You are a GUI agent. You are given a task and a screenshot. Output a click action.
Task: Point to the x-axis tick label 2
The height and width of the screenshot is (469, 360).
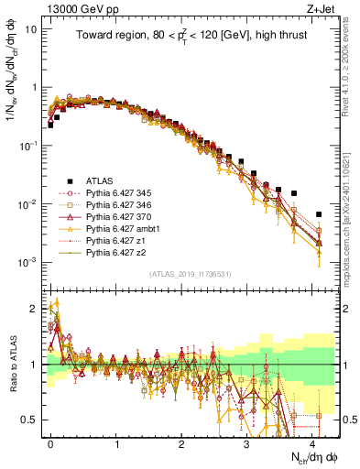click(181, 442)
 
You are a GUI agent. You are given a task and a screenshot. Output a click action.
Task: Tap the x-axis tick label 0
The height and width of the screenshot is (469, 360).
click(51, 442)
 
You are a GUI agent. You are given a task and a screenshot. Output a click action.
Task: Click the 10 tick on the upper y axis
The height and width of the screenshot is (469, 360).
click(30, 28)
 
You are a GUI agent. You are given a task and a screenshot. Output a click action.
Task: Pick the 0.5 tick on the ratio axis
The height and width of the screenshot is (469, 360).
click(28, 420)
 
